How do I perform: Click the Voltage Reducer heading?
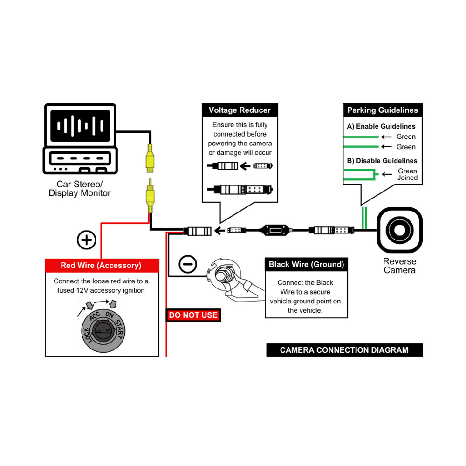[240, 110]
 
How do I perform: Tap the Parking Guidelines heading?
[383, 110]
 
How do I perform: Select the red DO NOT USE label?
[193, 315]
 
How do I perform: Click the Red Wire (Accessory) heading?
[101, 266]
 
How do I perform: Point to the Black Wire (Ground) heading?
[306, 265]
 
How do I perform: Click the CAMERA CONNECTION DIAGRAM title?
[344, 350]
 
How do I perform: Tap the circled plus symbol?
[86, 240]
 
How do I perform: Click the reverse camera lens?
[399, 230]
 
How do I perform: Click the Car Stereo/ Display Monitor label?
[80, 189]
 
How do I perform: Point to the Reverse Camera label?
[399, 266]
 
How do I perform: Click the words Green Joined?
[407, 175]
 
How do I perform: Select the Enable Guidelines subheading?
[381, 126]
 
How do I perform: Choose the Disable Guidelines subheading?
[382, 161]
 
